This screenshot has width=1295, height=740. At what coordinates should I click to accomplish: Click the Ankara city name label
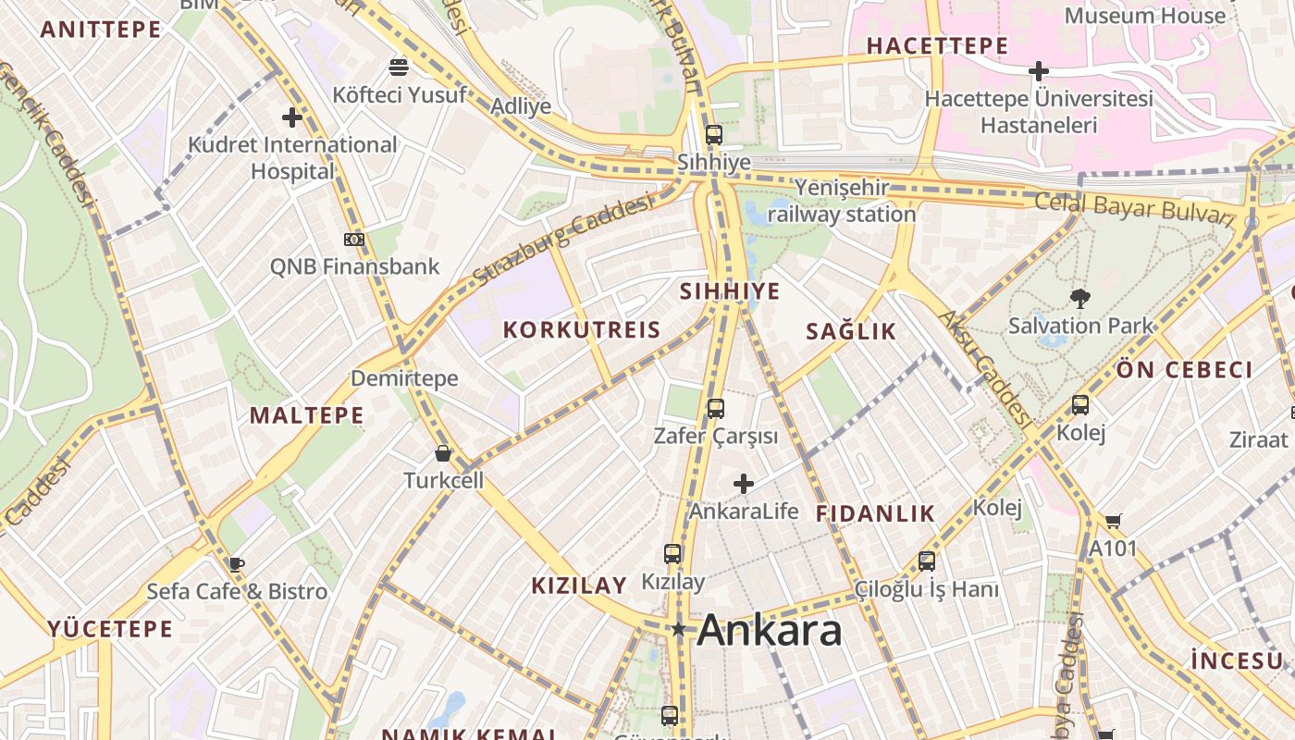click(769, 631)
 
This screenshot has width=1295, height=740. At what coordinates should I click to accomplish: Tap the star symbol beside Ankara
click(679, 630)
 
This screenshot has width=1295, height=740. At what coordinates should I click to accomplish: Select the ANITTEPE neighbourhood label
click(102, 30)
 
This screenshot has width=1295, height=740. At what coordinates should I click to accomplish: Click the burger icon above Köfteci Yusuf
click(399, 68)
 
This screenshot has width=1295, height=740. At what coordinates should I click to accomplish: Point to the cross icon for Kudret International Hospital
click(292, 117)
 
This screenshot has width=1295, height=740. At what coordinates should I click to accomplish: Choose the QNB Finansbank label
click(354, 266)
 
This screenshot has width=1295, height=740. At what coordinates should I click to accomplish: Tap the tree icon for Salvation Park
click(1079, 298)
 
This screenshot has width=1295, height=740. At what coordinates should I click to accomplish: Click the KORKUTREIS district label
click(582, 330)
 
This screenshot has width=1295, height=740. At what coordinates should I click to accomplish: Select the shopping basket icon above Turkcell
click(443, 453)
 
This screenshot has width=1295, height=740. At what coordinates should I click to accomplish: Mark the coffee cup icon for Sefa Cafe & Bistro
click(237, 564)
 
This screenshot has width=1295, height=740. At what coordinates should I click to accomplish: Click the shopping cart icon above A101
click(1113, 522)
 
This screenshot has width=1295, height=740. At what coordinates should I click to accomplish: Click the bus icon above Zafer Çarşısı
click(715, 408)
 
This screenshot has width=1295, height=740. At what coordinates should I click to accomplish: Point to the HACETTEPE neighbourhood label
click(937, 45)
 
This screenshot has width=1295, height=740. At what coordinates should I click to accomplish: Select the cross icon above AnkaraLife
click(744, 484)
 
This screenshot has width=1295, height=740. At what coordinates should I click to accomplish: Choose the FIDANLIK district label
click(875, 514)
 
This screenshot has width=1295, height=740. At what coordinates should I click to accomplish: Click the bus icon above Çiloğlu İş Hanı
click(927, 561)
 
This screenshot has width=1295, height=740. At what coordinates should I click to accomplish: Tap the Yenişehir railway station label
click(842, 201)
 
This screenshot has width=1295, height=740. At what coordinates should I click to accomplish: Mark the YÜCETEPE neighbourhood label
click(110, 630)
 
